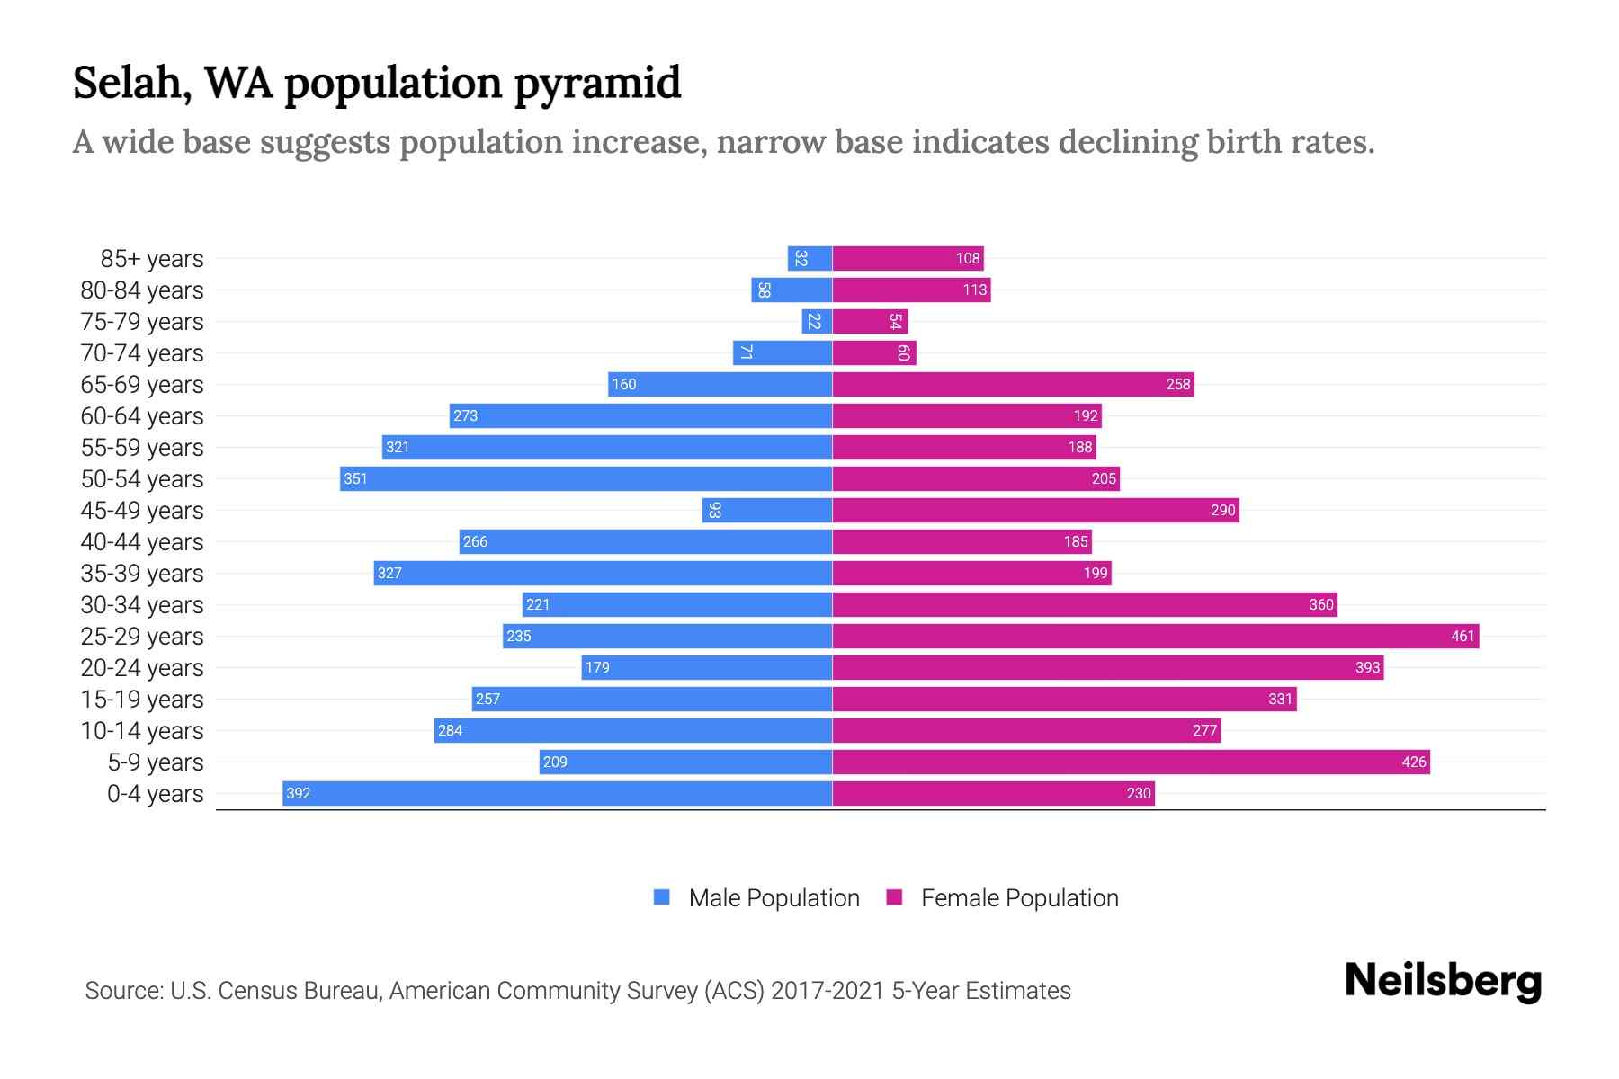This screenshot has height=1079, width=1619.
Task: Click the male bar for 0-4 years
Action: tap(557, 793)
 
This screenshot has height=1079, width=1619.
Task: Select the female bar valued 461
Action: tap(1155, 636)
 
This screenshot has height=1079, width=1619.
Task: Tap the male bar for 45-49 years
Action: tap(766, 510)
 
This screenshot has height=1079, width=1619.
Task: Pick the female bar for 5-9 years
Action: tap(1131, 762)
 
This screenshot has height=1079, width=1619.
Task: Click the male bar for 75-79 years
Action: tap(817, 321)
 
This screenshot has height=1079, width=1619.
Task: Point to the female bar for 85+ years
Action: tap(908, 258)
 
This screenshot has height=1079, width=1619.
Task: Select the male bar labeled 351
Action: tap(586, 478)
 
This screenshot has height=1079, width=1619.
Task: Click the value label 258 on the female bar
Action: tap(1177, 384)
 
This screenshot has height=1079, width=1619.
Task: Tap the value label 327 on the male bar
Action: tap(389, 573)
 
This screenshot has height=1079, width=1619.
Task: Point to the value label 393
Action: tap(1367, 667)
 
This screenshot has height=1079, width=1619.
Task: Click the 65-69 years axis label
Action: tap(142, 384)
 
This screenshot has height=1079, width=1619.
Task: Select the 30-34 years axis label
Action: tap(142, 604)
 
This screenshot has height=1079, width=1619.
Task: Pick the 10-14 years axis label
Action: tap(142, 730)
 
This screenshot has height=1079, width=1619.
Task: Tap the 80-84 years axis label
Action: tap(142, 290)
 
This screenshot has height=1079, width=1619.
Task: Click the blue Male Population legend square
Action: tap(662, 897)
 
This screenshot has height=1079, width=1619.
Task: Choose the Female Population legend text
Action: tap(1019, 897)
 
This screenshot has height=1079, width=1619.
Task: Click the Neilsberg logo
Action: tap(1443, 980)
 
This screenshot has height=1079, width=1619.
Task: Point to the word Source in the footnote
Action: tap(122, 990)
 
